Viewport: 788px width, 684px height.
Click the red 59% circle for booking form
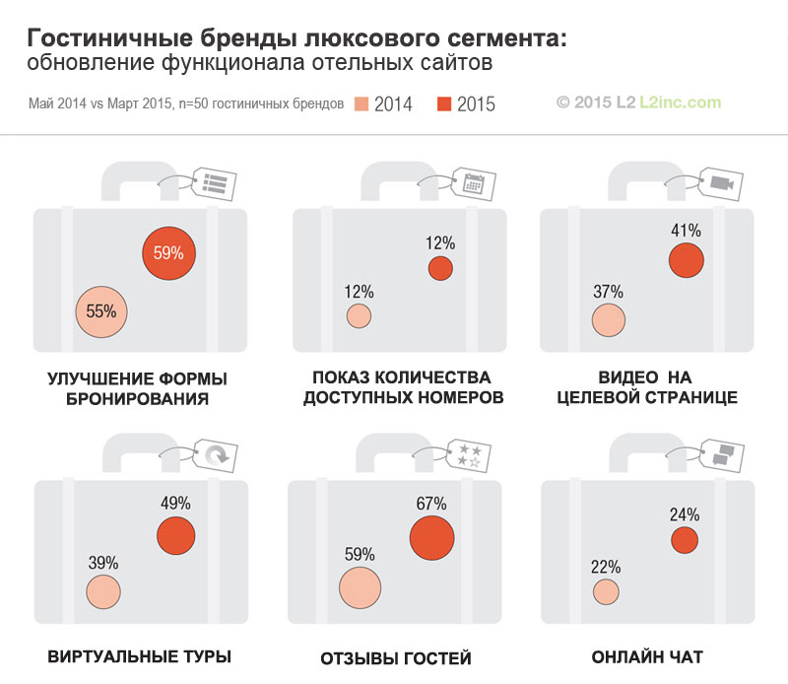[168, 253]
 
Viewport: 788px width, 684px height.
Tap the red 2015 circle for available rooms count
[440, 268]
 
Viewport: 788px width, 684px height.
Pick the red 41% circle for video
[687, 260]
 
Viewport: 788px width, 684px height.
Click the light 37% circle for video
[609, 319]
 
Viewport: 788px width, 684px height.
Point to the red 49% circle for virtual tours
[176, 534]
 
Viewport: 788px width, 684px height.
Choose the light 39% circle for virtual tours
[103, 592]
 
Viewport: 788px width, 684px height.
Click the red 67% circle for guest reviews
[431, 537]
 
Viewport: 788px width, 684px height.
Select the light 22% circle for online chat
[607, 591]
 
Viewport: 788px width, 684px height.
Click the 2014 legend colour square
[361, 103]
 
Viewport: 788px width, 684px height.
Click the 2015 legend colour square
[445, 103]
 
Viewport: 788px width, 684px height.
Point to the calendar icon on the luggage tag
[474, 182]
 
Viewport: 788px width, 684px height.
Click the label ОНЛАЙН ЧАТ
[647, 657]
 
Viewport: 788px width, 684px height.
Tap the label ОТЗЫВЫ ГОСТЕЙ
[396, 658]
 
